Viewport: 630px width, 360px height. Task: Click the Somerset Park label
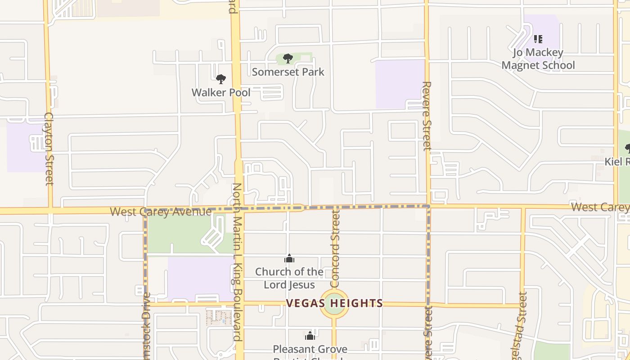pyautogui.click(x=288, y=72)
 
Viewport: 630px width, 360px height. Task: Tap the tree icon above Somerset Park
pyautogui.click(x=288, y=58)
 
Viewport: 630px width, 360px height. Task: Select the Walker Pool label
pyautogui.click(x=221, y=93)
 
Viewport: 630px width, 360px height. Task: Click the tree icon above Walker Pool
pyautogui.click(x=220, y=80)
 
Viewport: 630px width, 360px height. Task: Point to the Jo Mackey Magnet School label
pyautogui.click(x=538, y=59)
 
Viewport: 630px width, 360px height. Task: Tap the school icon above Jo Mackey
pyautogui.click(x=538, y=40)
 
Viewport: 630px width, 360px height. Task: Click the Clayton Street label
pyautogui.click(x=49, y=148)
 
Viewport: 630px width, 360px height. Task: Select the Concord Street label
pyautogui.click(x=335, y=249)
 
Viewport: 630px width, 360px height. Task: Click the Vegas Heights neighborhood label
pyautogui.click(x=334, y=303)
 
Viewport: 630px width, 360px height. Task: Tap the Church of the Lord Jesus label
pyautogui.click(x=289, y=278)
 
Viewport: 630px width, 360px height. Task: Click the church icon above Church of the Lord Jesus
pyautogui.click(x=289, y=258)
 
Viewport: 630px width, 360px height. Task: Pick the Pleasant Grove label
pyautogui.click(x=310, y=349)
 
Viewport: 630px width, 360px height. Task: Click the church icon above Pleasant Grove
pyautogui.click(x=310, y=336)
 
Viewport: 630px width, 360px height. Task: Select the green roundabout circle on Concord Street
pyautogui.click(x=334, y=304)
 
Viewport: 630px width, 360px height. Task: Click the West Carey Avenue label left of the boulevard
pyautogui.click(x=161, y=211)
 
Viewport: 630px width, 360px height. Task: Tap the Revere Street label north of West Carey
pyautogui.click(x=427, y=116)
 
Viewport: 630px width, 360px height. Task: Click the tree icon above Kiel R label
pyautogui.click(x=627, y=148)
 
